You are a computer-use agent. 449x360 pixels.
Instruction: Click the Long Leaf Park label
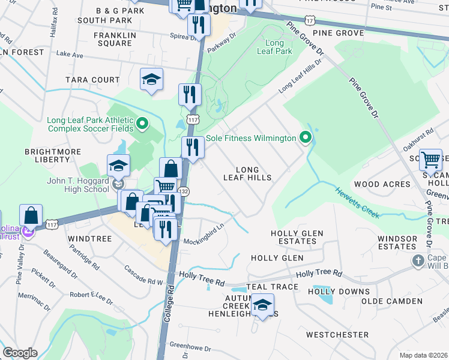coord(275,47)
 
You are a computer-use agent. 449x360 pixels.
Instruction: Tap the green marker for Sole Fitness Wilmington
coord(306,138)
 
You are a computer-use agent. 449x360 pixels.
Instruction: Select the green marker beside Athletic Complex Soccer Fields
coord(142,124)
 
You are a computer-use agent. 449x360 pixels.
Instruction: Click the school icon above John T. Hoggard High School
coord(118,166)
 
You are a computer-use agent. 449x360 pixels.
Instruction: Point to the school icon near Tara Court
coord(151,79)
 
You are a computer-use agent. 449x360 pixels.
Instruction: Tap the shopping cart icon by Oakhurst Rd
coord(431,160)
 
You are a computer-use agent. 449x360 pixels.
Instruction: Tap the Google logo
coord(20,353)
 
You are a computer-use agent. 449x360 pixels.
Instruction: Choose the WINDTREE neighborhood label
coord(90,239)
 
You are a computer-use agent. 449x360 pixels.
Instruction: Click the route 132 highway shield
coord(185,191)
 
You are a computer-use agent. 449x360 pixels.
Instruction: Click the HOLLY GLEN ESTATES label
coord(297,237)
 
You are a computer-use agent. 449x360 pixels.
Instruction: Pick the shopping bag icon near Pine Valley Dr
coord(31,215)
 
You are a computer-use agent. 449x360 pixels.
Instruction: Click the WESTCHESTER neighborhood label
coord(337,334)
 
